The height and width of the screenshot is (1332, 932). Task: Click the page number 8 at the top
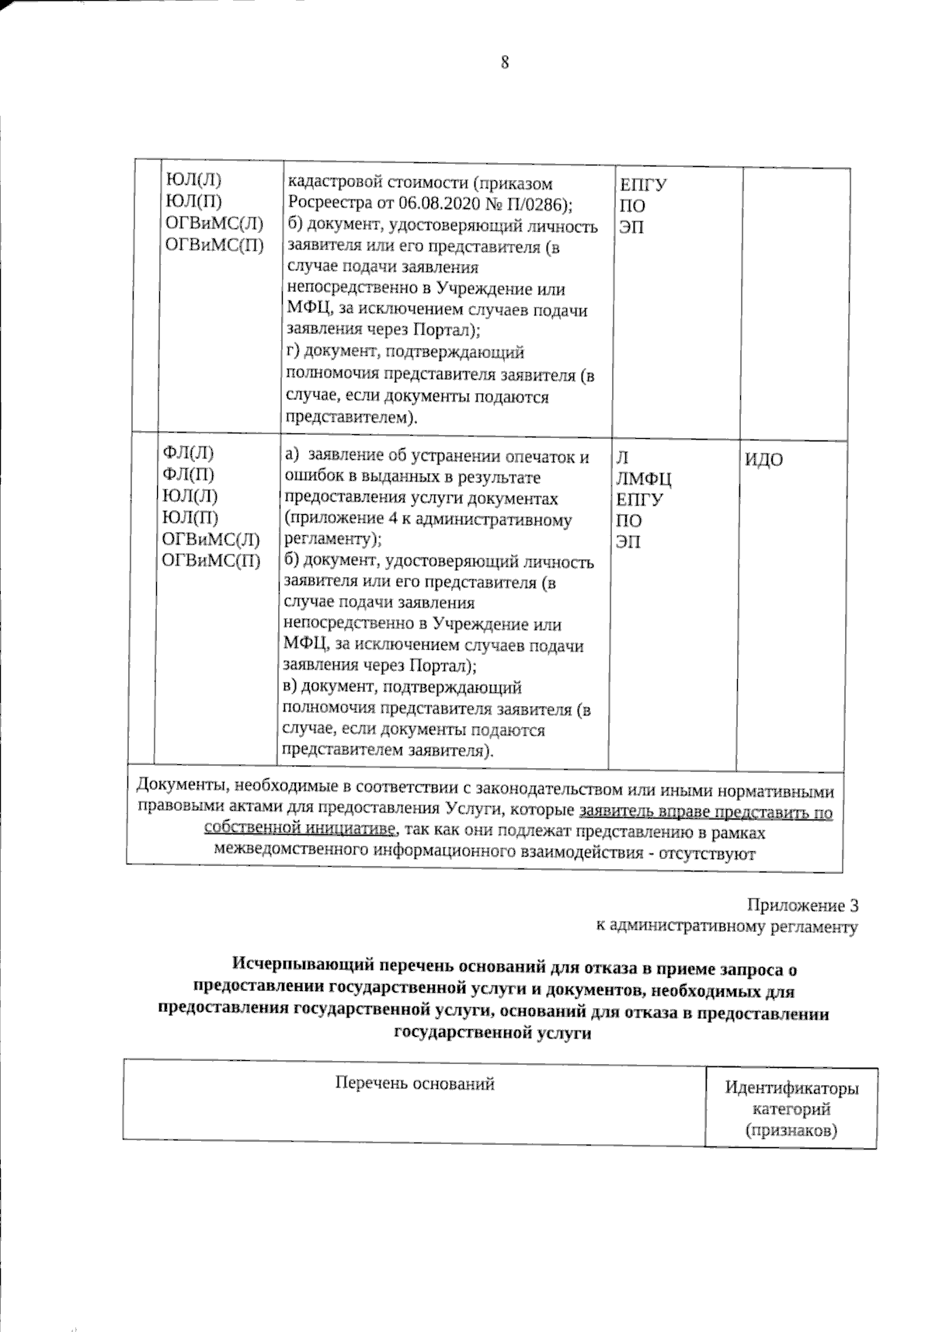[504, 63]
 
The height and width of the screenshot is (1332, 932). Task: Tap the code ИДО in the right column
[764, 460]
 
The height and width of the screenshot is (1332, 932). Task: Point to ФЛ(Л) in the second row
[187, 454]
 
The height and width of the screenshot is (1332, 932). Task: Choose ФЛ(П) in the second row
[187, 475]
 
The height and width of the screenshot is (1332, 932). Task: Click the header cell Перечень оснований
[414, 1083]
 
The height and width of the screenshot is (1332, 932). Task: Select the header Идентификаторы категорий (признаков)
[791, 1109]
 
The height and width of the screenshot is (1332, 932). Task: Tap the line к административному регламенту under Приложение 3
[726, 926]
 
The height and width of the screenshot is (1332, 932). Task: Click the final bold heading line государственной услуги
[492, 1034]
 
